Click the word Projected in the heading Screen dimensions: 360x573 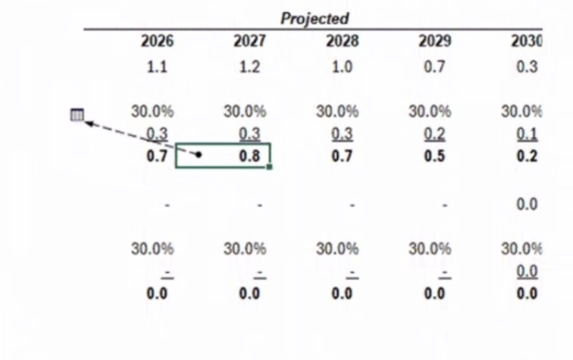(x=315, y=18)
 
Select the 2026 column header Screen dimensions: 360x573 (x=157, y=41)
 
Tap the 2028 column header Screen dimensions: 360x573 (x=342, y=41)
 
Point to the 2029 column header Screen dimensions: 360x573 (x=434, y=41)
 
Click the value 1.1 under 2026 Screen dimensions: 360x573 (x=157, y=67)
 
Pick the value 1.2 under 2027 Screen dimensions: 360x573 (x=249, y=67)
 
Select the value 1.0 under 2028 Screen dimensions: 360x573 (x=342, y=67)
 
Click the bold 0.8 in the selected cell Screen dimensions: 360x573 (x=249, y=157)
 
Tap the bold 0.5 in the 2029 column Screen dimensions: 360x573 (x=434, y=157)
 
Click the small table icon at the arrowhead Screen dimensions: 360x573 (x=77, y=115)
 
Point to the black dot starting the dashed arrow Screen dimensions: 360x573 (x=199, y=155)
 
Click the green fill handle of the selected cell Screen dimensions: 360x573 (x=269, y=167)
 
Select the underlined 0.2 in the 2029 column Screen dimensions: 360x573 (x=434, y=134)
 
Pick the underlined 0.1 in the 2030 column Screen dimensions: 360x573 (x=527, y=134)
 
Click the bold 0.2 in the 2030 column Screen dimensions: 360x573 (x=527, y=157)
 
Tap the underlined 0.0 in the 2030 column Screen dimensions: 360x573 (x=527, y=271)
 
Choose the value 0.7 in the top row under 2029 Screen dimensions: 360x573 (x=434, y=67)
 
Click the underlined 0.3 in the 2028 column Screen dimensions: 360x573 (x=342, y=134)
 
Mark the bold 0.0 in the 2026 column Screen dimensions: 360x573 (x=157, y=293)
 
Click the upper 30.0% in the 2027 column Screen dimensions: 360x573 (x=245, y=111)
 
